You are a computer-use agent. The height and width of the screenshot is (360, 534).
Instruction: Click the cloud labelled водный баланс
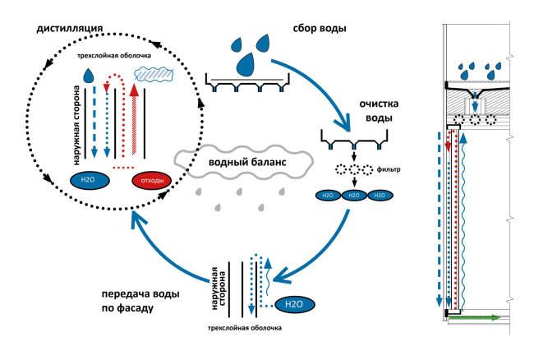click(x=243, y=163)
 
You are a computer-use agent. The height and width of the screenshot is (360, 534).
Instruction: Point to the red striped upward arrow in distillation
click(x=134, y=123)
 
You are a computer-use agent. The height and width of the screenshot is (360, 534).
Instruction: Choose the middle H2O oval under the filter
click(x=353, y=195)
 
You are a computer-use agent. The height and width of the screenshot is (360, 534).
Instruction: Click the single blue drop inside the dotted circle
click(x=88, y=76)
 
